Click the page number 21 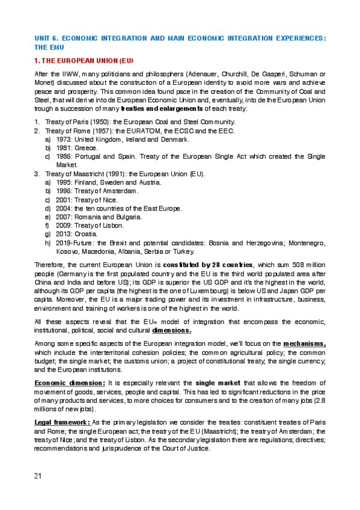click(x=38, y=476)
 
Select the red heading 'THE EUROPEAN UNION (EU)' click(x=87, y=61)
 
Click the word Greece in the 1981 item click(x=87, y=147)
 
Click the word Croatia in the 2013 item click(x=87, y=234)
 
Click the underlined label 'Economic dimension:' click(x=70, y=382)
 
